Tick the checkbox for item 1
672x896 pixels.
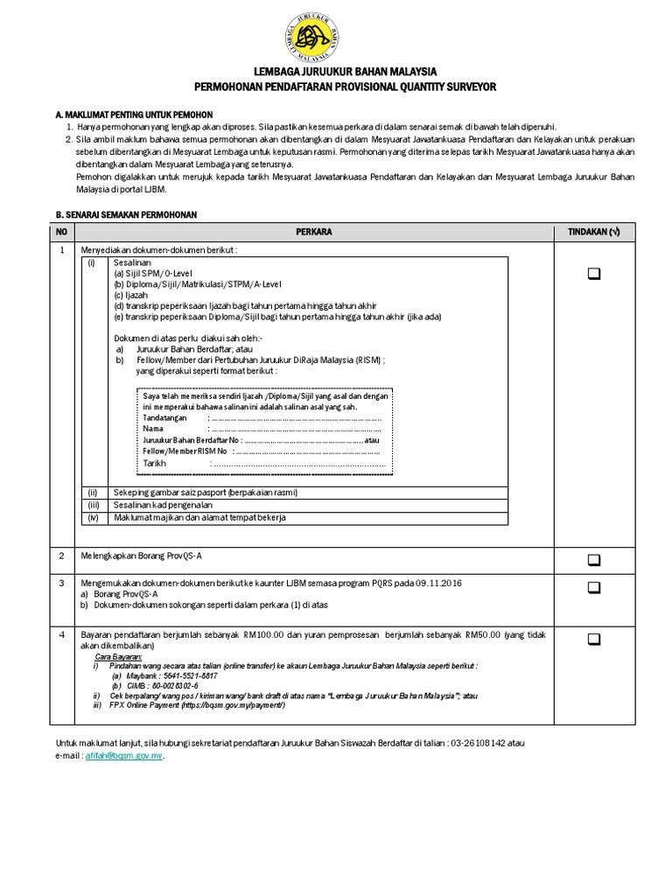(594, 274)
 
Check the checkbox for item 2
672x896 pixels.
(594, 559)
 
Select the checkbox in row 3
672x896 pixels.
(594, 587)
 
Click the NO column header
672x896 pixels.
(61, 231)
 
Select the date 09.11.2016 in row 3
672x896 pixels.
(440, 583)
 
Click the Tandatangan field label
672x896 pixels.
(164, 418)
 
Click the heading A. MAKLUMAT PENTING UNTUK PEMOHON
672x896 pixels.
(133, 115)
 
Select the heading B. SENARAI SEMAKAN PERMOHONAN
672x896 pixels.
(126, 214)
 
